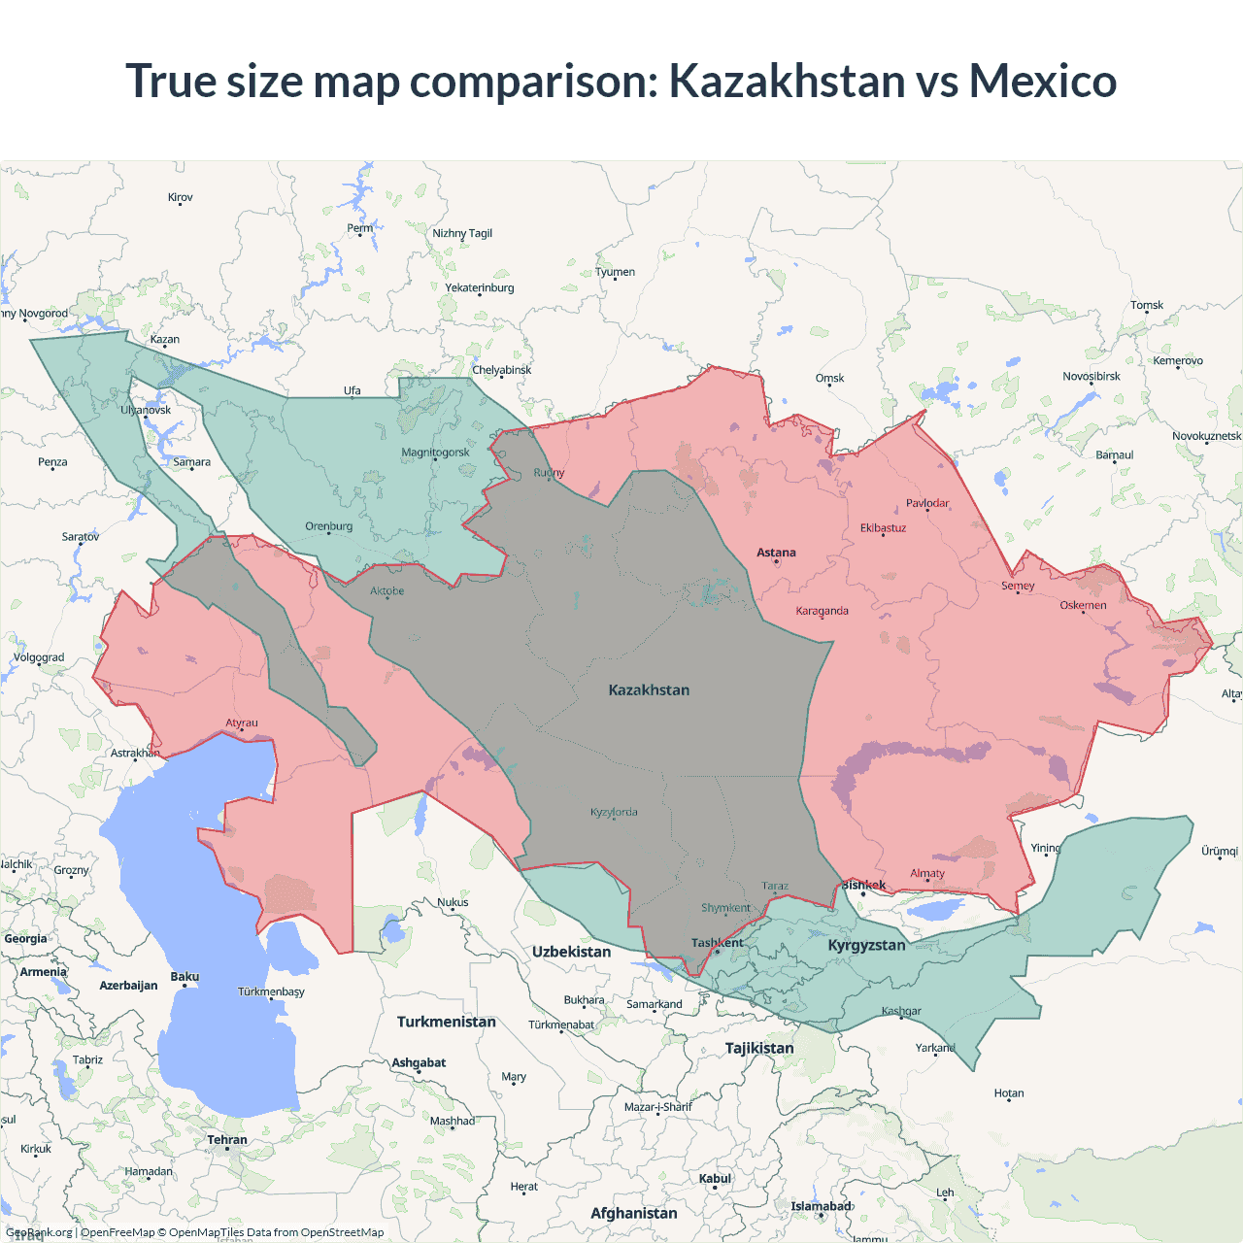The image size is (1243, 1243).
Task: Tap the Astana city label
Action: coord(776,553)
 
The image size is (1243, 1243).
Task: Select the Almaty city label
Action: coord(927,873)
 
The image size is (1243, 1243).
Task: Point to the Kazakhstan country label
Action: coord(649,690)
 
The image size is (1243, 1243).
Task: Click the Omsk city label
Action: coord(829,378)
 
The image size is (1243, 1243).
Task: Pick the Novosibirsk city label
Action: coord(1091,376)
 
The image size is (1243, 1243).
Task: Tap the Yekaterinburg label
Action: coord(480,287)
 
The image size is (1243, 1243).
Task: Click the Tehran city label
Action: coord(227,1140)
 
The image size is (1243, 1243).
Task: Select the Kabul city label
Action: coord(715,1179)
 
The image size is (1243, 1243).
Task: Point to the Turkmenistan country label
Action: coord(447,1022)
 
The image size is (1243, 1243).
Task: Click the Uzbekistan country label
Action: coord(571,952)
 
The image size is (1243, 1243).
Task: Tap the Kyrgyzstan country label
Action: coord(866,945)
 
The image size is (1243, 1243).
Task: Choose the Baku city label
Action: coord(185,977)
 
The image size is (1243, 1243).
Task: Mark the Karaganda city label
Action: coord(822,611)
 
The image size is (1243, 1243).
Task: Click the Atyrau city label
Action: coord(242,722)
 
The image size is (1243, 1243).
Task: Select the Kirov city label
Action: coord(181,197)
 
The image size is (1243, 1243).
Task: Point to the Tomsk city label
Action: coord(1146,305)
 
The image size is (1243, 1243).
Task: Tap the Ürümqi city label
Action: coord(1219,851)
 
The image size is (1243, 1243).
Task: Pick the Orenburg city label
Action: coord(329,526)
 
